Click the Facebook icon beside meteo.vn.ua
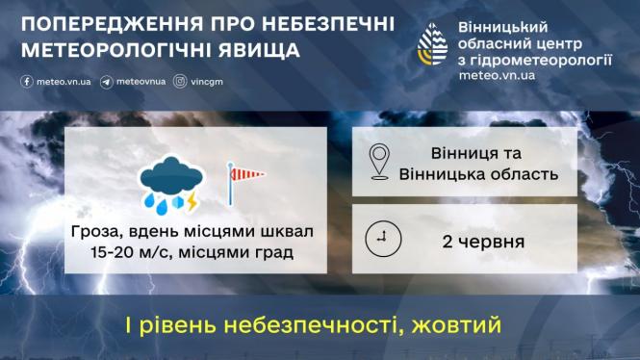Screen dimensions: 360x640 26,82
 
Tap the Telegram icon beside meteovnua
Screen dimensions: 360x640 105,82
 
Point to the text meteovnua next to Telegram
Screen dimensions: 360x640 139,82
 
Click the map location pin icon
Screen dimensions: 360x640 379,161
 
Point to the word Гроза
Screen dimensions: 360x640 93,233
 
